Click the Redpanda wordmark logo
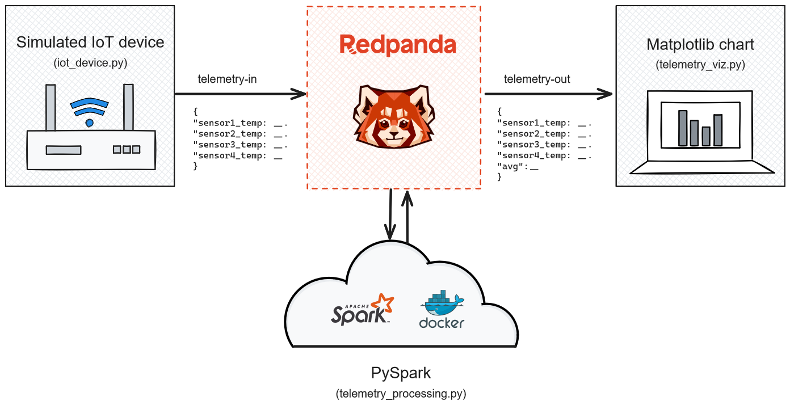click(x=398, y=45)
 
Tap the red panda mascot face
click(x=394, y=117)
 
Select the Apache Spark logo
click(x=362, y=309)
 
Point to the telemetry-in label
click(x=227, y=79)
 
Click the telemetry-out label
click(x=537, y=79)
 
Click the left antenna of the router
click(x=51, y=108)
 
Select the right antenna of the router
click(x=128, y=107)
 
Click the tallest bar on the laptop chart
click(x=683, y=128)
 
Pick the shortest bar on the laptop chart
click(x=705, y=136)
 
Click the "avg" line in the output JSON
click(x=518, y=166)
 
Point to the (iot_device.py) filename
click(x=90, y=63)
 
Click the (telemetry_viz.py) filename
click(x=700, y=65)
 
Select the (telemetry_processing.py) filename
click(x=401, y=393)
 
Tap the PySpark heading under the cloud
click(x=401, y=373)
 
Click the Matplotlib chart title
click(x=700, y=44)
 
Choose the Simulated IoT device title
click(x=90, y=43)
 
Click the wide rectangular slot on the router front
click(x=64, y=150)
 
